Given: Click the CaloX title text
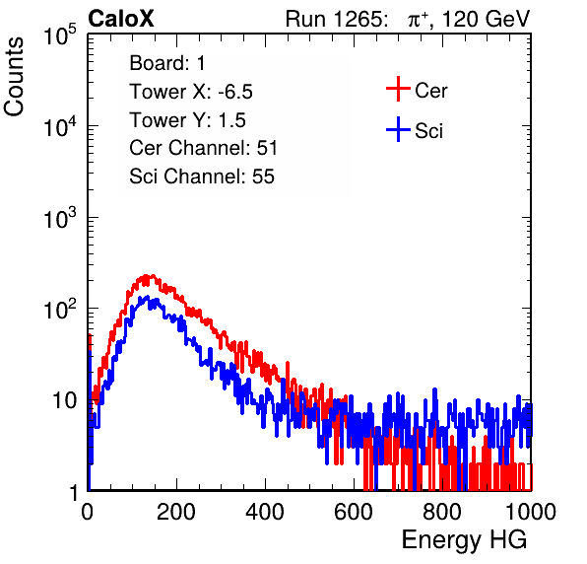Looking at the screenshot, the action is (121, 19).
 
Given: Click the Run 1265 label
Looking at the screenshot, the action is (335, 19).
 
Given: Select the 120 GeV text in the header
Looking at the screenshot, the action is (486, 19).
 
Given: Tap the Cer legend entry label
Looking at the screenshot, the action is (430, 91).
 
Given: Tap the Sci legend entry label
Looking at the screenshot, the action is (428, 131).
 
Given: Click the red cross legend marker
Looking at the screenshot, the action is (398, 89).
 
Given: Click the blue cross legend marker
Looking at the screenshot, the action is (398, 129).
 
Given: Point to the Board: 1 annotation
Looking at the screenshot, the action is (167, 63).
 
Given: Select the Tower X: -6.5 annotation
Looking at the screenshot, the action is (191, 92).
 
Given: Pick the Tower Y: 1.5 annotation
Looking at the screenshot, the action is (187, 120).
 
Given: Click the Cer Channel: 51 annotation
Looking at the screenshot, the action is (203, 148).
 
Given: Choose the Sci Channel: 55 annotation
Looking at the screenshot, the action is (202, 176).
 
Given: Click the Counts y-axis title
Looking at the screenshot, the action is (14, 77).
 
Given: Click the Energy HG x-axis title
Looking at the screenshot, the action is (464, 540).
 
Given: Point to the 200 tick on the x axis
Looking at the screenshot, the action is (176, 512).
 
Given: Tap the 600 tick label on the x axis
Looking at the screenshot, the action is (354, 512).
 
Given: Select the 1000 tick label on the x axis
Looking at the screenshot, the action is (531, 512).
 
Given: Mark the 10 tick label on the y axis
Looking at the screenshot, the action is (64, 400).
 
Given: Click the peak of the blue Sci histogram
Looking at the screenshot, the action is (147, 297).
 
